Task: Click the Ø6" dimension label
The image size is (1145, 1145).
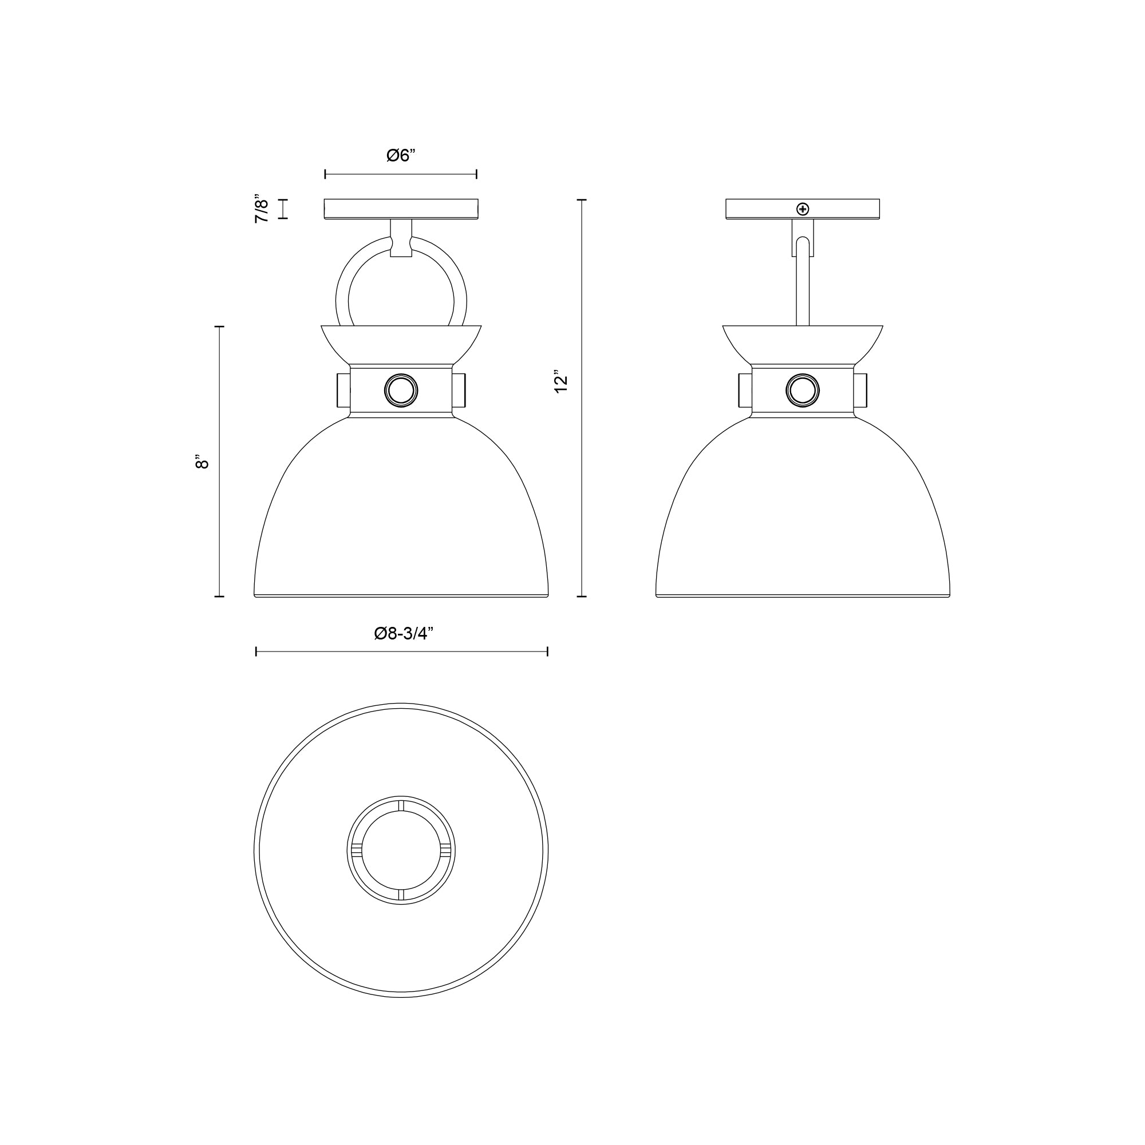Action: [401, 155]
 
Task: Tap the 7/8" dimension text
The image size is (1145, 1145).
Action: [262, 208]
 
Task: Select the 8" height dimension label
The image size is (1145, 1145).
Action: [202, 461]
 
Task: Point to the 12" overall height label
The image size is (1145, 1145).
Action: [560, 384]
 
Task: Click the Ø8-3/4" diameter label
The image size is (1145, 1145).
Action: [404, 634]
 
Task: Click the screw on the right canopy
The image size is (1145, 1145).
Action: [803, 208]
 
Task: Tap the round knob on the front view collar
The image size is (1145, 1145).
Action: [401, 390]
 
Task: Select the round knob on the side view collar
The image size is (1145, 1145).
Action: [803, 390]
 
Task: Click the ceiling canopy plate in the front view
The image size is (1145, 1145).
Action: [401, 209]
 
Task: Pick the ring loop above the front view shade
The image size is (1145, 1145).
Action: [342, 290]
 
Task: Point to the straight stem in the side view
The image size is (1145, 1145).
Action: [803, 285]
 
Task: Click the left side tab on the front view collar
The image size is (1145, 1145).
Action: [342, 390]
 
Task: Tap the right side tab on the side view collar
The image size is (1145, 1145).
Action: [860, 390]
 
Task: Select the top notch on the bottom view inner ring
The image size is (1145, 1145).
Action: [401, 806]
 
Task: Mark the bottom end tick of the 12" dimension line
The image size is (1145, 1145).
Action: [582, 596]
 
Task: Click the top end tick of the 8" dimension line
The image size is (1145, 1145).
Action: [219, 326]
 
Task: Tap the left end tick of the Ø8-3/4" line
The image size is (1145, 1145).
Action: [256, 652]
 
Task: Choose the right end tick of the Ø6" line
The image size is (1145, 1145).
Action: [476, 174]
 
